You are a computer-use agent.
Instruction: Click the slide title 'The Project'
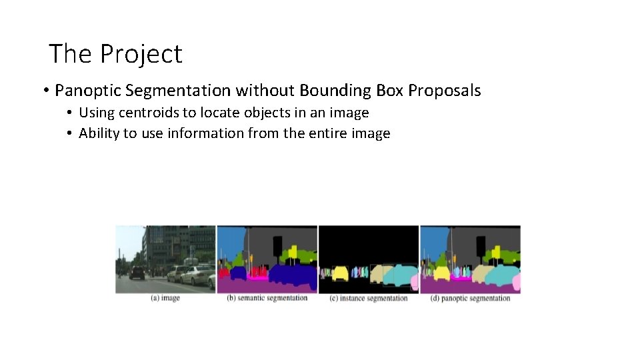pos(115,54)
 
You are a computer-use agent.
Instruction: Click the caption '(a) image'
pos(165,298)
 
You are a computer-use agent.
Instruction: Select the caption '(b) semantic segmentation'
pos(267,298)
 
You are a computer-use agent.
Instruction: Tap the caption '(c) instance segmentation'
pos(369,298)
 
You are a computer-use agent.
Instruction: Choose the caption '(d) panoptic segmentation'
pos(470,298)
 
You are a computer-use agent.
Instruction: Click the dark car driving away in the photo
pos(137,273)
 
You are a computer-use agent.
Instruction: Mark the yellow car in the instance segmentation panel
pos(341,273)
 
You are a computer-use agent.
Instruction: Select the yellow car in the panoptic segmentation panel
pos(442,273)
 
